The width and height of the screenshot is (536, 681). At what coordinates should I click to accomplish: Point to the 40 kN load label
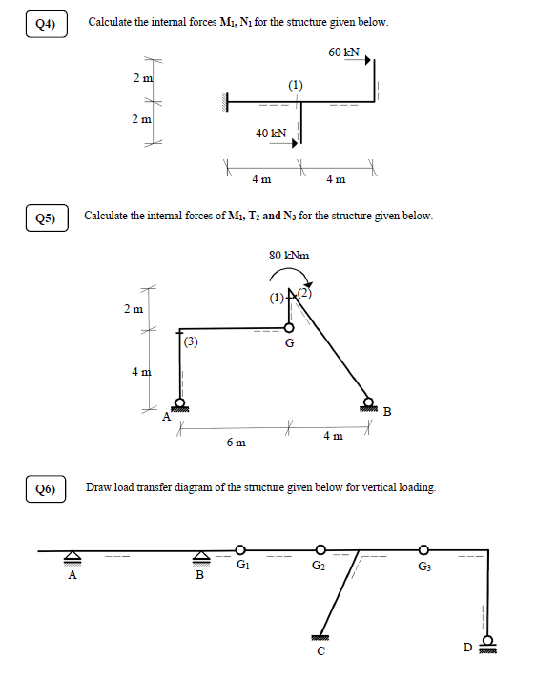coord(271,134)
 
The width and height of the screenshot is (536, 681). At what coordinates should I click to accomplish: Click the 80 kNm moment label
coord(289,256)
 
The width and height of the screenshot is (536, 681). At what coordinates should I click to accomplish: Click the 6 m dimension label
coord(236,444)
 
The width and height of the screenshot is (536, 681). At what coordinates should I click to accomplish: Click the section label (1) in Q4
coord(297,86)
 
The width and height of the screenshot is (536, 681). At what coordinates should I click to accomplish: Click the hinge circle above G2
coord(320,550)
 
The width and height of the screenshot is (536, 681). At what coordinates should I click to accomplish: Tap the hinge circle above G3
coord(424,550)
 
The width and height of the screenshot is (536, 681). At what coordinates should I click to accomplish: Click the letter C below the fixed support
coord(321,651)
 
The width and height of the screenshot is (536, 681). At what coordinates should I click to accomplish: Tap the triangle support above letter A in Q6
coord(72,558)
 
